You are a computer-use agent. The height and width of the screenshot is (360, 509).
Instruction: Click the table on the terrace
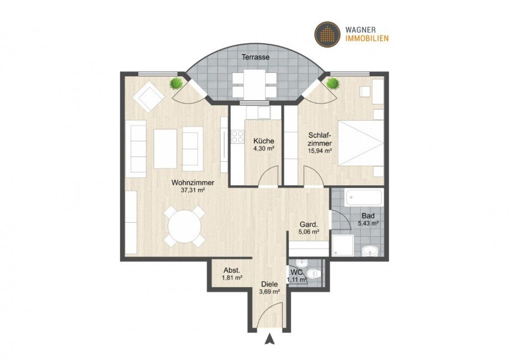(254, 84)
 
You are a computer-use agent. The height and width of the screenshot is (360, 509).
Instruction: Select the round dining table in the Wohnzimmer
(184, 226)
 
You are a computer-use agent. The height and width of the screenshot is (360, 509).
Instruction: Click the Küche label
(263, 140)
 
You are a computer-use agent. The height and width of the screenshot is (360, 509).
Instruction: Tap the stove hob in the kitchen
(238, 135)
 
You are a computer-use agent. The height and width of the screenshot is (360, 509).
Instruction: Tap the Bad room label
(368, 216)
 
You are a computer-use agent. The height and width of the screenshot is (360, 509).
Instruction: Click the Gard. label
(308, 225)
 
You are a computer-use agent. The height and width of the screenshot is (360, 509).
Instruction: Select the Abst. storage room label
(231, 270)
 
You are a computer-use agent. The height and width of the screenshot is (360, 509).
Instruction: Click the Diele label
(270, 284)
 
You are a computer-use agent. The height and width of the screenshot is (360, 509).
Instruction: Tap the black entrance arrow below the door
(269, 340)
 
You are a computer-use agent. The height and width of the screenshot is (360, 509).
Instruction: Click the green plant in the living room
(176, 84)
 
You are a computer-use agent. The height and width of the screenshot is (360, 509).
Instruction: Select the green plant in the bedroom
(333, 84)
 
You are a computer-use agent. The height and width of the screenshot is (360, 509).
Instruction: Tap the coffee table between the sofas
(165, 148)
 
